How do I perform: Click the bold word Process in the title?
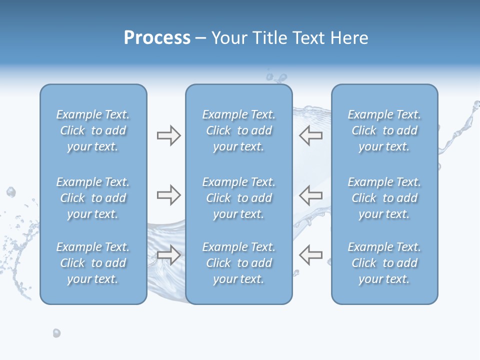coord(157,38)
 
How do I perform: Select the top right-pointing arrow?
coord(168,135)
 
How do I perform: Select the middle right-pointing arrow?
coord(168,195)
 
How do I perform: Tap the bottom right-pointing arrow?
coord(168,255)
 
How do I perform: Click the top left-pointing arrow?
coord(310,135)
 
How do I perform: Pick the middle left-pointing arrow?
coord(310,195)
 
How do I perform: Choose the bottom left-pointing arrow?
coord(310,255)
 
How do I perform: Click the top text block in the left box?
coord(93,130)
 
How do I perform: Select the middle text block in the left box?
coord(93,198)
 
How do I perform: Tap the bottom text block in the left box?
coord(93,263)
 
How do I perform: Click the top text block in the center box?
coord(238,130)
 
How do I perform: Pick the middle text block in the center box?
coord(238,198)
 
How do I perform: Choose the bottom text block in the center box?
coord(238,263)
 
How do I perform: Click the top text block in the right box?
coord(384,130)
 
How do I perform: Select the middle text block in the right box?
coord(384,198)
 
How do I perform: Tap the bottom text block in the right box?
coord(384,263)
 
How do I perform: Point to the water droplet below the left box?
coord(56,333)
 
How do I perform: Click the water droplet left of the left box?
coord(11,192)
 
